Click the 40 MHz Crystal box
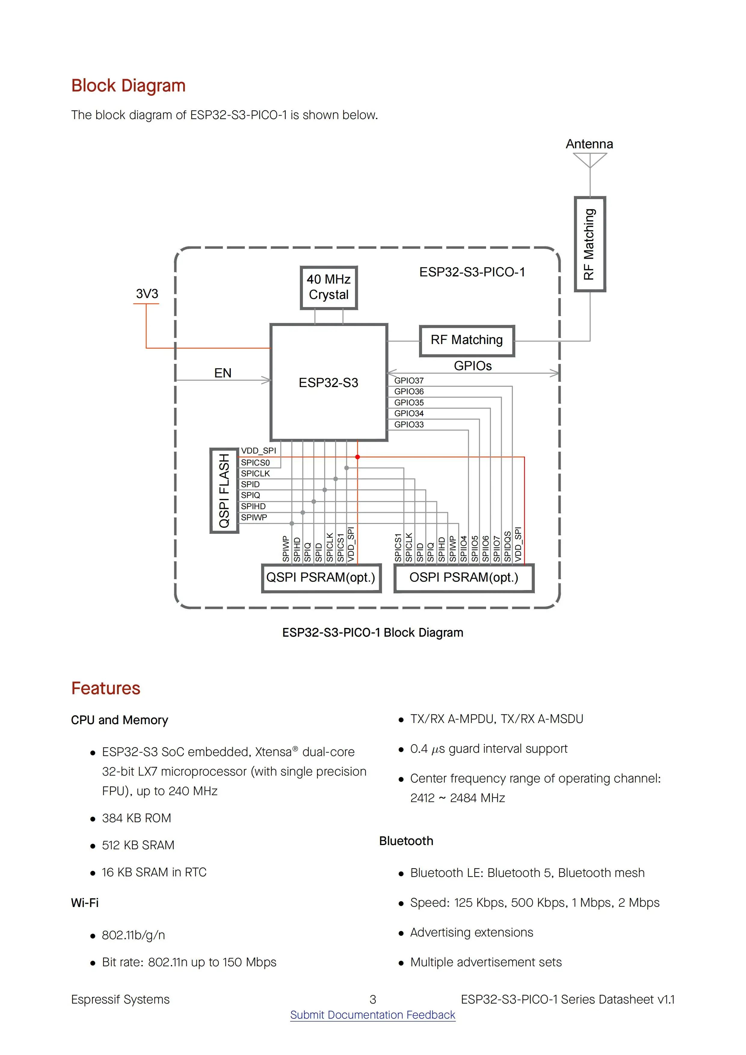pos(329,288)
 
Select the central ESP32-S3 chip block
pos(329,382)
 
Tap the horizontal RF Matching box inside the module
pos(467,340)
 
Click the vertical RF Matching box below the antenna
pos(590,244)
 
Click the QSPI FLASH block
pos(224,490)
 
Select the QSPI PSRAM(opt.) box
pos(321,578)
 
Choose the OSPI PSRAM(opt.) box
pos(464,578)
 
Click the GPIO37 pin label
pos(408,380)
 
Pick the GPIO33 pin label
pos(408,425)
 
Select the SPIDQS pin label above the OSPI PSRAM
pos(507,547)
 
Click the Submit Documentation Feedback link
pos(372,1015)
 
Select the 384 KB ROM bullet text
pos(137,818)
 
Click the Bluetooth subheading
pos(406,841)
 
